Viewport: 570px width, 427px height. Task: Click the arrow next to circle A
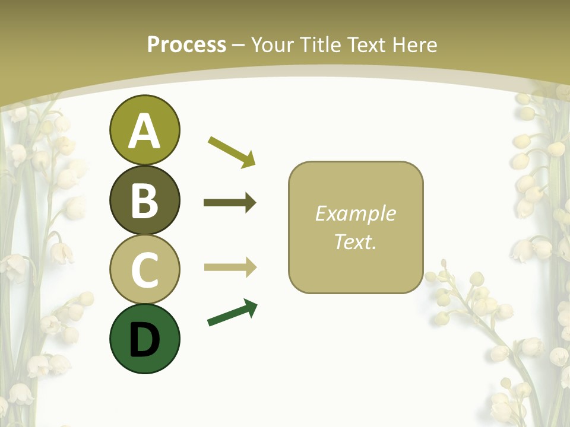232,151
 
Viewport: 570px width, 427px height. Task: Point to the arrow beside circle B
230,203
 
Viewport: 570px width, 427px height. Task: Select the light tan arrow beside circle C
230,267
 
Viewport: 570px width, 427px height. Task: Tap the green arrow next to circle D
232,313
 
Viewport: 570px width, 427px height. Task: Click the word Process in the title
186,44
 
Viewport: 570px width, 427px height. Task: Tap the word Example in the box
355,213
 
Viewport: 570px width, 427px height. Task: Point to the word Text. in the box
355,242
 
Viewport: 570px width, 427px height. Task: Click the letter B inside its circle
144,200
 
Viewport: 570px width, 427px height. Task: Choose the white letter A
144,130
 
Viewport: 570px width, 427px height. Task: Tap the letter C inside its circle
144,270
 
